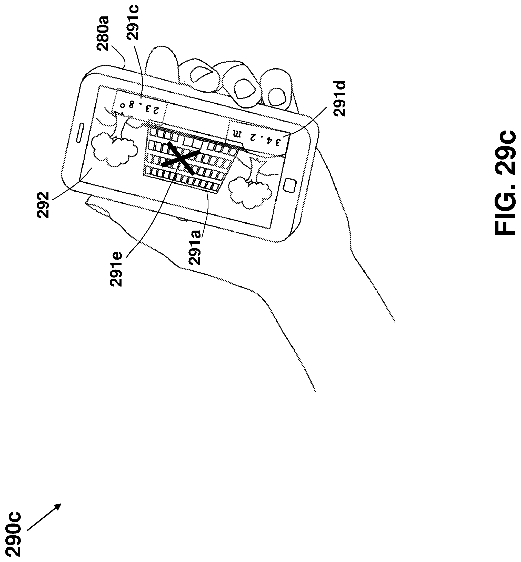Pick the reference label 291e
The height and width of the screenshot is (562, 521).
pos(116,269)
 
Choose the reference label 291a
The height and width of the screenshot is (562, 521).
pos(195,247)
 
